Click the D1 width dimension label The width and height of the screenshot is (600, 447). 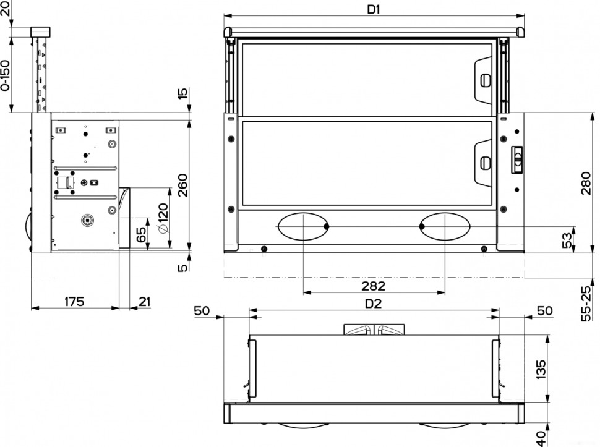tap(373, 9)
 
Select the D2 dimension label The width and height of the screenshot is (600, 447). tap(373, 304)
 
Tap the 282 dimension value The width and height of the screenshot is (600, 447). tap(373, 286)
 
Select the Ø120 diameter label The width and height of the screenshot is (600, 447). tap(163, 217)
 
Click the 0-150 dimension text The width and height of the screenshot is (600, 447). tap(6, 75)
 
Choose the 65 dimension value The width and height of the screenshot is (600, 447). tap(141, 234)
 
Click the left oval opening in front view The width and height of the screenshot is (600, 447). tap(303, 226)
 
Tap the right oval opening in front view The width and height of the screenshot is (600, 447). tap(445, 226)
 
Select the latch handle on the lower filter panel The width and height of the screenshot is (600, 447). tap(485, 163)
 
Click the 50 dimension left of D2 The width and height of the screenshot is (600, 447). tap(202, 310)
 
